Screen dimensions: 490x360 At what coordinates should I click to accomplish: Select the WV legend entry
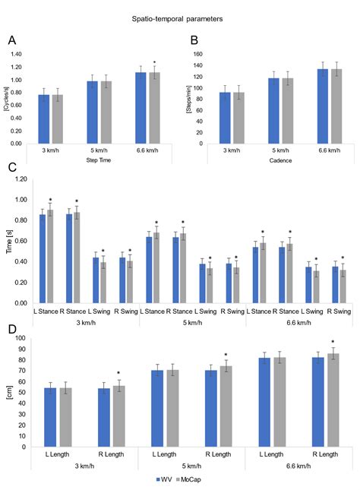[x=163, y=480]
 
